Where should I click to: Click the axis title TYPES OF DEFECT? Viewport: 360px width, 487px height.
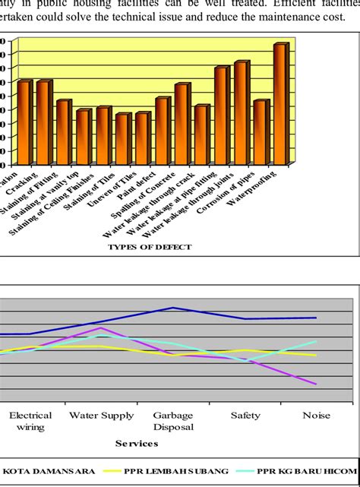150,247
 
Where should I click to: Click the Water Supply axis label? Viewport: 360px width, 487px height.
101,416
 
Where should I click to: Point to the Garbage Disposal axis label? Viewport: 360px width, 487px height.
173,421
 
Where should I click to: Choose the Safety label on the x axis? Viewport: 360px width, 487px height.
245,416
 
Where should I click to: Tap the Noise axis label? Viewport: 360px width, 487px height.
317,416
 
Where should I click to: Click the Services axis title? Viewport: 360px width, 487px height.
136,442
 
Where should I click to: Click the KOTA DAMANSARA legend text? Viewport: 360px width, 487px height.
49,471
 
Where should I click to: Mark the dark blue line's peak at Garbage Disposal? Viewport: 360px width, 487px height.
173,308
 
